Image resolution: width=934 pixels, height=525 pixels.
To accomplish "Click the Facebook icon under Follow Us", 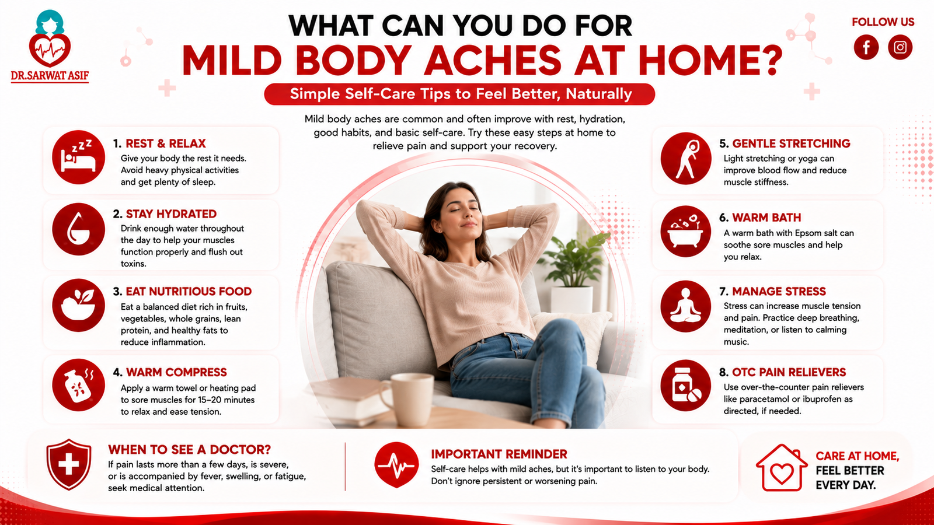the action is (866, 47).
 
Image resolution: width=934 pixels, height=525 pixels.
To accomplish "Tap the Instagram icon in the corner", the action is (900, 47).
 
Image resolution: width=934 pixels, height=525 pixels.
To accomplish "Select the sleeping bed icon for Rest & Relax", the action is (78, 157).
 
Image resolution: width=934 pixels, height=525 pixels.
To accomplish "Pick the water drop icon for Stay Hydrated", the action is (78, 229).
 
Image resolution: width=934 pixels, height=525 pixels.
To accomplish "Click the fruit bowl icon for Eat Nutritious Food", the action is (78, 305).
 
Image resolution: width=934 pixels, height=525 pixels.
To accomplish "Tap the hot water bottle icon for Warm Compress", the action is (78, 385).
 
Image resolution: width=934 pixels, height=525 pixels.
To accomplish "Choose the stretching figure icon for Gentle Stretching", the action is (686, 158).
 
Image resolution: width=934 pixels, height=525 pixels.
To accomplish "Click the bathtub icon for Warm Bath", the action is (686, 231).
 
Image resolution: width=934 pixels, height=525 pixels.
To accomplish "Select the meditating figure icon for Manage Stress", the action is (686, 306).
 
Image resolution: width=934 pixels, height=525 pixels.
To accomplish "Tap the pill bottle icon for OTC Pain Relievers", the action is (686, 386).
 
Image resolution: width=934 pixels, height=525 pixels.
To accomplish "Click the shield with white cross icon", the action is (69, 464).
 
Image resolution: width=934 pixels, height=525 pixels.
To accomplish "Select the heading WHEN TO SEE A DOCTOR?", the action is (189, 450).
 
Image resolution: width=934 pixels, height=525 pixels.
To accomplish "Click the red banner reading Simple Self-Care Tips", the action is (459, 94).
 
